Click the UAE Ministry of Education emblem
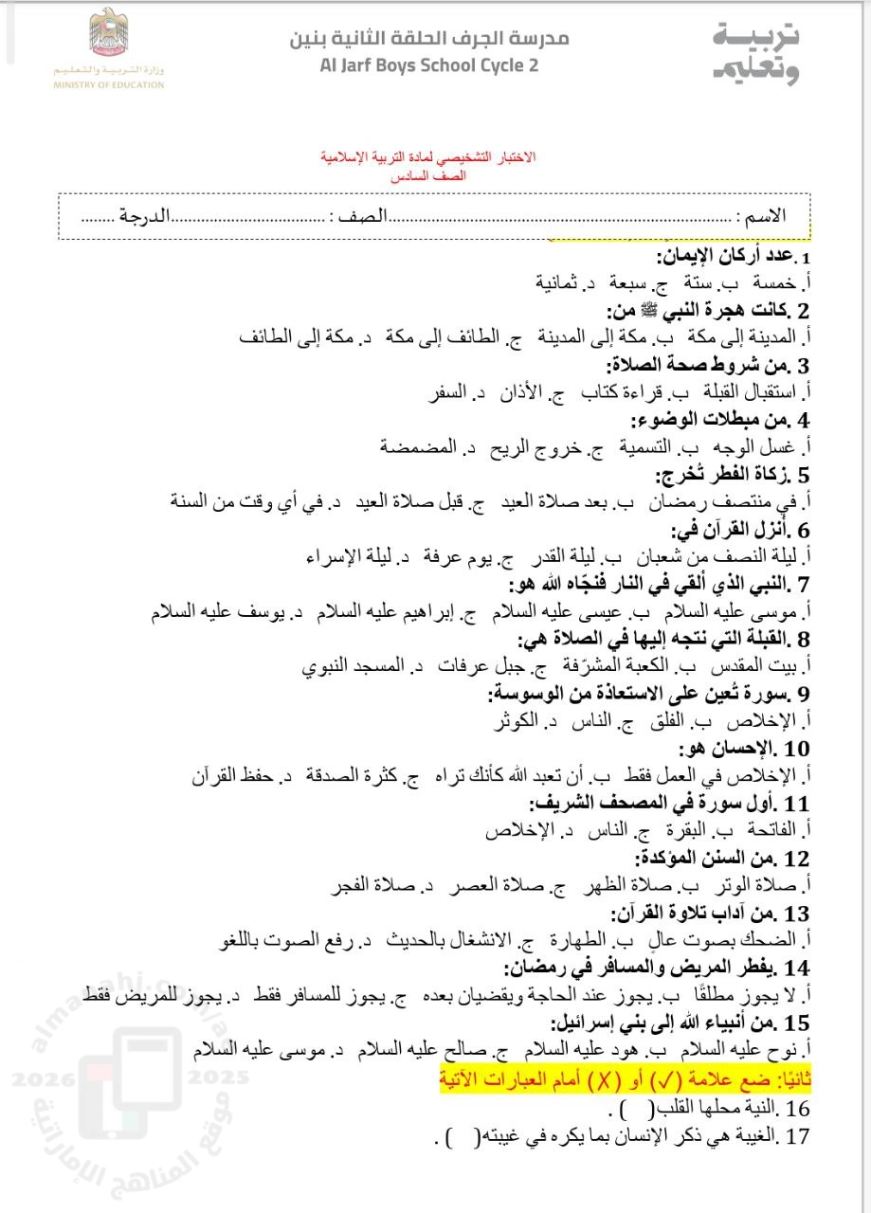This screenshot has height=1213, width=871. (109, 34)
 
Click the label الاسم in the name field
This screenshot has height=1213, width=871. (765, 216)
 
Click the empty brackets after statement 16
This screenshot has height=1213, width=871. (621, 1109)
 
